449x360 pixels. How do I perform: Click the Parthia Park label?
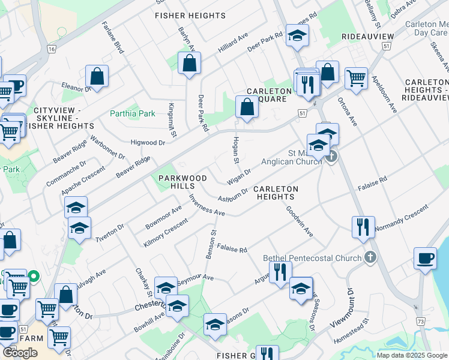pyautogui.click(x=132, y=113)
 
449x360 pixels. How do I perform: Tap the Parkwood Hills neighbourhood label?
pyautogui.click(x=182, y=182)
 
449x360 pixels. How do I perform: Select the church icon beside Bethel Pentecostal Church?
pyautogui.click(x=371, y=258)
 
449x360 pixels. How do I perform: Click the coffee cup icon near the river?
pyautogui.click(x=425, y=258)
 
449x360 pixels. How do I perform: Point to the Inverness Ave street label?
pyautogui.click(x=206, y=205)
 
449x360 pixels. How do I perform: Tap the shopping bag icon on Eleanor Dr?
pyautogui.click(x=97, y=76)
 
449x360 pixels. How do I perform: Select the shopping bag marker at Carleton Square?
pyautogui.click(x=247, y=107)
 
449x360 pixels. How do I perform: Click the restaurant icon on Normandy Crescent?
pyautogui.click(x=363, y=227)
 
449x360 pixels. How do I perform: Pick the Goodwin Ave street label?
pyautogui.click(x=299, y=221)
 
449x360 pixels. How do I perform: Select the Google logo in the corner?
pyautogui.click(x=20, y=353)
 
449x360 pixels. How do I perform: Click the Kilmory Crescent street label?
pyautogui.click(x=166, y=233)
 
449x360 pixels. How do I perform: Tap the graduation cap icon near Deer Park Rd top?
pyautogui.click(x=297, y=35)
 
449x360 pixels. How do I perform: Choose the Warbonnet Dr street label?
pyautogui.click(x=107, y=147)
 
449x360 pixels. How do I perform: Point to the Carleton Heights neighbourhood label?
pyautogui.click(x=276, y=193)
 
